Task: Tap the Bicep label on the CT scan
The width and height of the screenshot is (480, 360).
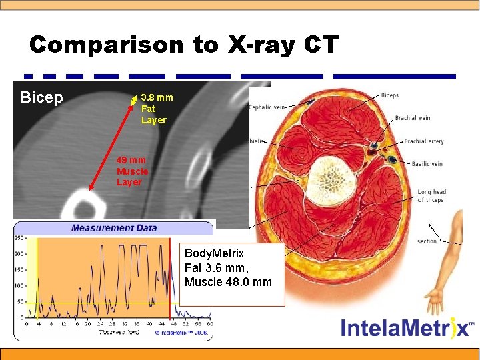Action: point(41,98)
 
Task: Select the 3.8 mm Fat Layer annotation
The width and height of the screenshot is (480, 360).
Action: point(155,109)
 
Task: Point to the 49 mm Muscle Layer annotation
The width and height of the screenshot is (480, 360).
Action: point(130,171)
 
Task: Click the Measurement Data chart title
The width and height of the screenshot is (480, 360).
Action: point(114,228)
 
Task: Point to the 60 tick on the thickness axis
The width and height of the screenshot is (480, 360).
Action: point(209,323)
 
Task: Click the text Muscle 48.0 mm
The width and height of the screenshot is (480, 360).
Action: point(228,282)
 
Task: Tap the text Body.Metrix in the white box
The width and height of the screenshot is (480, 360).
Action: point(214,254)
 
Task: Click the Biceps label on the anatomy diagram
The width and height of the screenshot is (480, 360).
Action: point(389,95)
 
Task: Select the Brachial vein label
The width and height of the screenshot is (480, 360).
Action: point(412,118)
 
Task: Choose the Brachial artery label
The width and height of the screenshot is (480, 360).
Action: point(424,141)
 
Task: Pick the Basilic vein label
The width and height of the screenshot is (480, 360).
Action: point(427,164)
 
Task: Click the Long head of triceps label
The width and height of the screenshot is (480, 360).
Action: point(431,196)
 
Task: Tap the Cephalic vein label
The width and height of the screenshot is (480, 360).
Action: point(267,107)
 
